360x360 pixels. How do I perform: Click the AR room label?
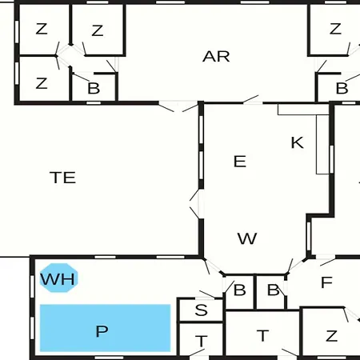point(216,57)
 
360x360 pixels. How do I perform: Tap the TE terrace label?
point(63,178)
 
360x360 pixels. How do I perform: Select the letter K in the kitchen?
point(297,142)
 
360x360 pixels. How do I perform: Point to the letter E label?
point(240,162)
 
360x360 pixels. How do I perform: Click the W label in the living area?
point(247,238)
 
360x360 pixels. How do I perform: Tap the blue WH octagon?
point(58,278)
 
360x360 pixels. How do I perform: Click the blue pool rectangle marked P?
point(105,328)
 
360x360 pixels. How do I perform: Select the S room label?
point(201,310)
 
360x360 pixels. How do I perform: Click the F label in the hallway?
point(326,282)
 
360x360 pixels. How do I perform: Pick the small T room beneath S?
point(202,339)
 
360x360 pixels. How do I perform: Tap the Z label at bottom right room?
point(332,336)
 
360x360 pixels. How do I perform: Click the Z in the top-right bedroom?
point(335,29)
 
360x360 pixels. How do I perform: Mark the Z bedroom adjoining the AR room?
point(98,30)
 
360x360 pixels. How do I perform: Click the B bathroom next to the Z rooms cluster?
point(94,87)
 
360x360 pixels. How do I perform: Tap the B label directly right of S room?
point(239,290)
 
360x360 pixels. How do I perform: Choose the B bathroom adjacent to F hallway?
point(273,290)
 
